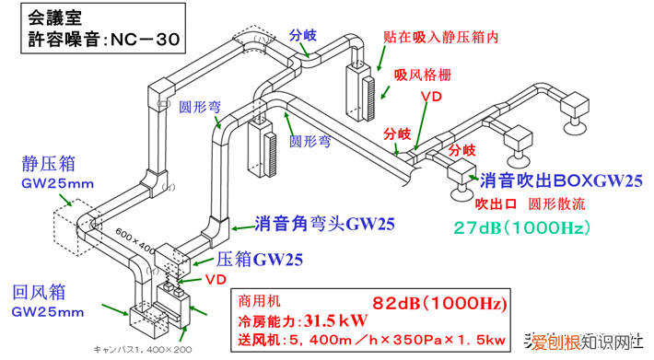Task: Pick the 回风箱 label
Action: click(x=39, y=294)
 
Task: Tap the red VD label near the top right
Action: click(x=430, y=95)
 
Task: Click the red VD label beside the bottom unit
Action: click(x=216, y=278)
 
